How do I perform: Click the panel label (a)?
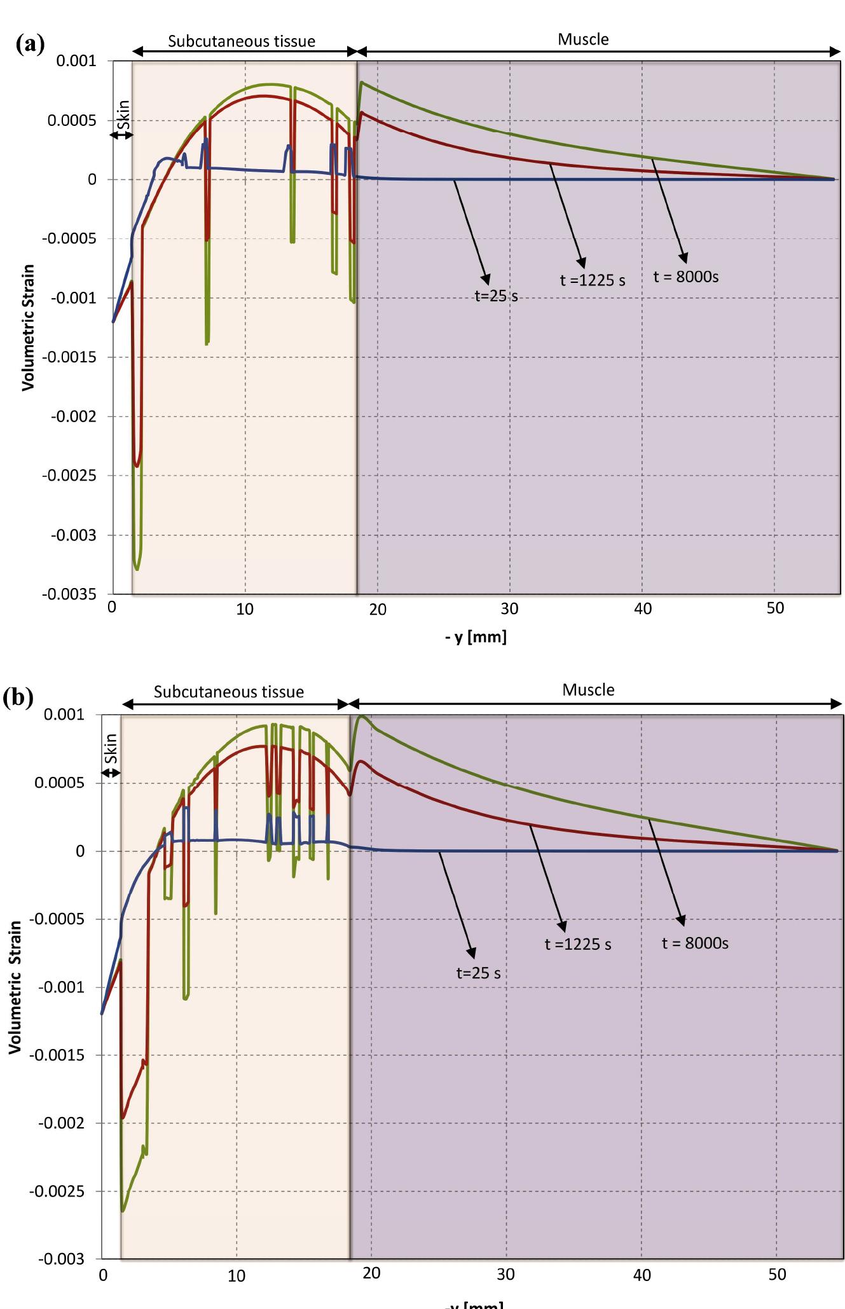pyautogui.click(x=31, y=44)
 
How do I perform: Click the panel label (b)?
pyautogui.click(x=18, y=697)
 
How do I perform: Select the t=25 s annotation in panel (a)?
pyautogui.click(x=497, y=296)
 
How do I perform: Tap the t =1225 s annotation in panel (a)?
pyautogui.click(x=592, y=280)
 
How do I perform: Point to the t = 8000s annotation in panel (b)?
pyautogui.click(x=695, y=943)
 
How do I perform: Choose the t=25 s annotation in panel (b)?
pyautogui.click(x=478, y=973)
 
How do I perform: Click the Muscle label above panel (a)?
pyautogui.click(x=583, y=39)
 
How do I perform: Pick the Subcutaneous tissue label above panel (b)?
pyautogui.click(x=229, y=692)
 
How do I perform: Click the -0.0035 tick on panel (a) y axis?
pyautogui.click(x=69, y=595)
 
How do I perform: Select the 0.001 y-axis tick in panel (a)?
pyautogui.click(x=76, y=61)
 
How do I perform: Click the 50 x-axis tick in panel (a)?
pyautogui.click(x=775, y=608)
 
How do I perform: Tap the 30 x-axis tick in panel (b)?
pyautogui.click(x=506, y=1275)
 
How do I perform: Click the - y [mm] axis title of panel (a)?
pyautogui.click(x=476, y=637)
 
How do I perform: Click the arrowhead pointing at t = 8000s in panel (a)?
pyautogui.click(x=684, y=257)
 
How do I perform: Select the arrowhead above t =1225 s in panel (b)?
pyautogui.click(x=561, y=926)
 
